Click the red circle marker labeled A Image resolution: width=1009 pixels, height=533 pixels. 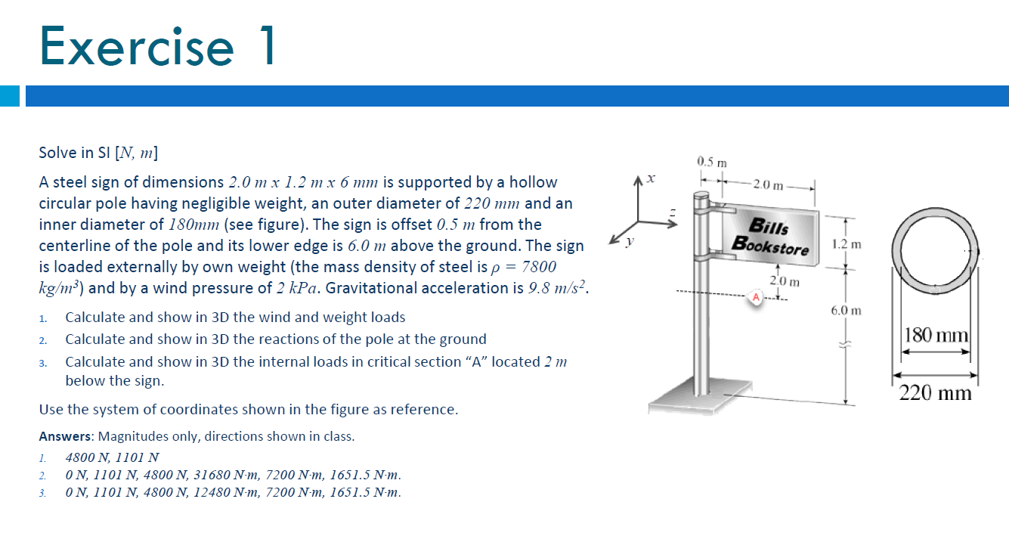click(755, 297)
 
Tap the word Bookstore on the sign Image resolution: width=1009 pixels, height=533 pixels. click(770, 245)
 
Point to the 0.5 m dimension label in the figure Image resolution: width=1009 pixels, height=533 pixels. click(711, 162)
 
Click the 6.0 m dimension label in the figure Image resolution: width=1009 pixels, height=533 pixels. click(846, 311)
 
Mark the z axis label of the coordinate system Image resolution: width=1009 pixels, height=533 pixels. click(670, 216)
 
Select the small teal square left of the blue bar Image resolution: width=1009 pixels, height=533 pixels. click(9, 96)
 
